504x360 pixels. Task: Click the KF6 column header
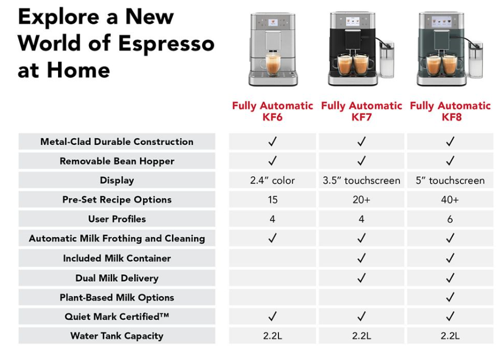point(272,111)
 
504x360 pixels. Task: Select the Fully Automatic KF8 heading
point(450,111)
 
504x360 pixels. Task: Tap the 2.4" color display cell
point(272,180)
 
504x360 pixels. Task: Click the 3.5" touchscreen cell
point(361,180)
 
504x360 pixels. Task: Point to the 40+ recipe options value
point(450,200)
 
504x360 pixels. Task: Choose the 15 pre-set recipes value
point(272,200)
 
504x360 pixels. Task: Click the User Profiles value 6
point(450,220)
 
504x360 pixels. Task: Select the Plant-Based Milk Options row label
point(117,298)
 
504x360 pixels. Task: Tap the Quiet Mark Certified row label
point(117,316)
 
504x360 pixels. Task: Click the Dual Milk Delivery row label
point(117,278)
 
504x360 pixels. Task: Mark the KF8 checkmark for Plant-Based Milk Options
point(450,297)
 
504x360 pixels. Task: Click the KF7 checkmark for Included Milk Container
point(361,258)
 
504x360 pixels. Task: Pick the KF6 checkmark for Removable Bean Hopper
point(272,160)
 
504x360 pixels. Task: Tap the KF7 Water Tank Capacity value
point(361,336)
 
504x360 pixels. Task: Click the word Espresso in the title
point(166,44)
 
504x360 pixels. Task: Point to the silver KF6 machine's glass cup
point(272,64)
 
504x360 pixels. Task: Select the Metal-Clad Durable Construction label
point(117,142)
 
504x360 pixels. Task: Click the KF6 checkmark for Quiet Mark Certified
point(272,316)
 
